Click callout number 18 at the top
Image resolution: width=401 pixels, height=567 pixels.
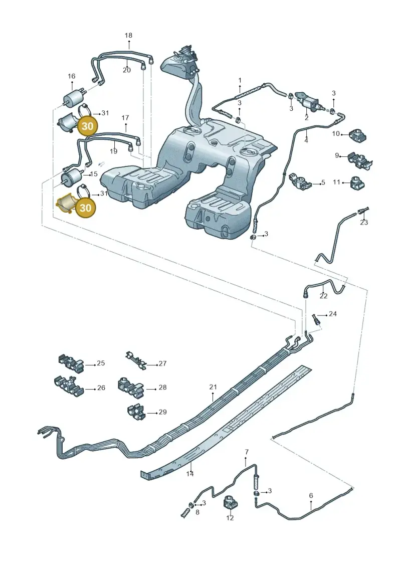tap(128, 36)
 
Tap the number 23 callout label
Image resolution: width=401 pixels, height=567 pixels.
tap(364, 222)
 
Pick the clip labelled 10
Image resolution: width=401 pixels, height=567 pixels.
tap(358, 135)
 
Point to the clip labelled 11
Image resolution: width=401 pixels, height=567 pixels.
tap(357, 182)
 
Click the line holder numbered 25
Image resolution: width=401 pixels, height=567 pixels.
tap(71, 363)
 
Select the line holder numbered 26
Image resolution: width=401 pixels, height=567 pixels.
tap(69, 386)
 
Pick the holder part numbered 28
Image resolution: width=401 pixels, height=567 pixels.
tap(130, 386)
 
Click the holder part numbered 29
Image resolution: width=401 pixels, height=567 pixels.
tap(136, 412)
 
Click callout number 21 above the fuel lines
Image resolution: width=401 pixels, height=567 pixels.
tap(213, 387)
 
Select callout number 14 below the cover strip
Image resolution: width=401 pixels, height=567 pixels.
tap(190, 474)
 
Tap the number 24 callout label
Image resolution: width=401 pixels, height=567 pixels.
tap(333, 314)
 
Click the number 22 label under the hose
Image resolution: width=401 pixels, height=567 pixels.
tap(323, 296)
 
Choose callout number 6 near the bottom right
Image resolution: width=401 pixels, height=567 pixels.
tap(311, 495)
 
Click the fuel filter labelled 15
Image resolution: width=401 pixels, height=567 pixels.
tap(73, 177)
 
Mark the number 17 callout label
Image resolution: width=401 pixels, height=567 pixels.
tap(125, 118)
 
